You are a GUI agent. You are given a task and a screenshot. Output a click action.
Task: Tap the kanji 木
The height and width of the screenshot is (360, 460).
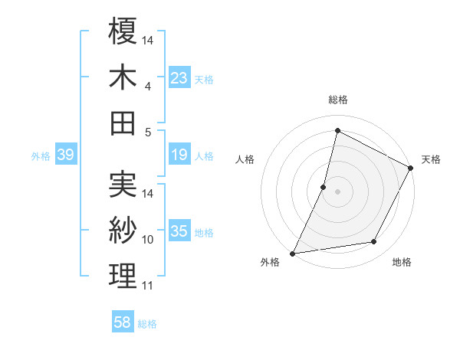(123, 77)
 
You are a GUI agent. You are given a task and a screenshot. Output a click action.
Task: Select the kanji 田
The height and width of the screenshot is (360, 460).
(123, 123)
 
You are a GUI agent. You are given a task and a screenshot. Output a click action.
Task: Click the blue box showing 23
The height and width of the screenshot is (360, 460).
(179, 78)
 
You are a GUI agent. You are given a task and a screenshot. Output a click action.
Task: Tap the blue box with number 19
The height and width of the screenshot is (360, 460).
(179, 155)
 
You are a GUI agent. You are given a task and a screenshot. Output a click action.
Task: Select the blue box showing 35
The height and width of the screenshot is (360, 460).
(179, 232)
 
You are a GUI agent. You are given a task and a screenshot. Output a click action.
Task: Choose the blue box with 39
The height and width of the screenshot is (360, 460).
(65, 155)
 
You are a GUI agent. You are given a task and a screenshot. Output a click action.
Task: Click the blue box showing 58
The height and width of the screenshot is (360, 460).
(123, 323)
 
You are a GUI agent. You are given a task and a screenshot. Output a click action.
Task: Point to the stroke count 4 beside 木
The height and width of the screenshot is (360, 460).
(147, 87)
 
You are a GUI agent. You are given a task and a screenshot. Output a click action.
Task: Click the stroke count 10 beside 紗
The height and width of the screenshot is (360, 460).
(148, 240)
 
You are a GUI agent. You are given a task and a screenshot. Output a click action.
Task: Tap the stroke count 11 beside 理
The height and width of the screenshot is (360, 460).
(148, 286)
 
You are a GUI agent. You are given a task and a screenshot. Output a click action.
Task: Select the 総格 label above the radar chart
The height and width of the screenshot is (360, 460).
(338, 100)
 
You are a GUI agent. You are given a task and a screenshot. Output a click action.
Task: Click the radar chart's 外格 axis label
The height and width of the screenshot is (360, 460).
(270, 263)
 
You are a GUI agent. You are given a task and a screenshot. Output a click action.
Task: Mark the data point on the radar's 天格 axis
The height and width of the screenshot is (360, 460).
(411, 169)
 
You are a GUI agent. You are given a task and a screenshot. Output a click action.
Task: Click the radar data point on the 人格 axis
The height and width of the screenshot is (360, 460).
(324, 187)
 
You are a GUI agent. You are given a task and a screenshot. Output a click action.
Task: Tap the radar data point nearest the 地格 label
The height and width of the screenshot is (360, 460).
(374, 242)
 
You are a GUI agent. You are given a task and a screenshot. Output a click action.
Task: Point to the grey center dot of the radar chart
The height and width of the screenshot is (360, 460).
(337, 191)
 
